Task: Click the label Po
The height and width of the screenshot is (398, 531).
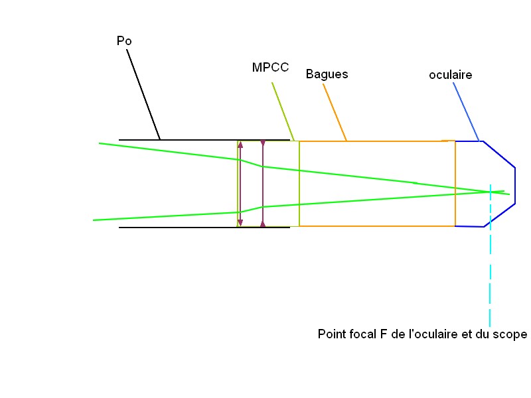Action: coord(124,41)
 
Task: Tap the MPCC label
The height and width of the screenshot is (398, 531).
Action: coord(270,68)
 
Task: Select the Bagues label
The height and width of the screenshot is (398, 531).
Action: coord(327,74)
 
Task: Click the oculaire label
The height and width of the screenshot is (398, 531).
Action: coord(451,75)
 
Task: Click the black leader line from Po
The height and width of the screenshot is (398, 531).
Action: coord(143,93)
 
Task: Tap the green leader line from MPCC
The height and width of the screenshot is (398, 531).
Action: coord(283,109)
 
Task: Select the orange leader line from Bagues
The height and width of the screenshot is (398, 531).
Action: coord(335,112)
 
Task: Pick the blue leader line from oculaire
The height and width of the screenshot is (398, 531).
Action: coord(467,112)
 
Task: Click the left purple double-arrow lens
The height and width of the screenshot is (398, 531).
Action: coord(240,184)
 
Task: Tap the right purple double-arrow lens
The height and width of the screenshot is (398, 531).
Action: coord(263,184)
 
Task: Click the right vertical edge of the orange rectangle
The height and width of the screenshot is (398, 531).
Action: coord(455,184)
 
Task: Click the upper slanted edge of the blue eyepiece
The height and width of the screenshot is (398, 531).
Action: coord(499,154)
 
